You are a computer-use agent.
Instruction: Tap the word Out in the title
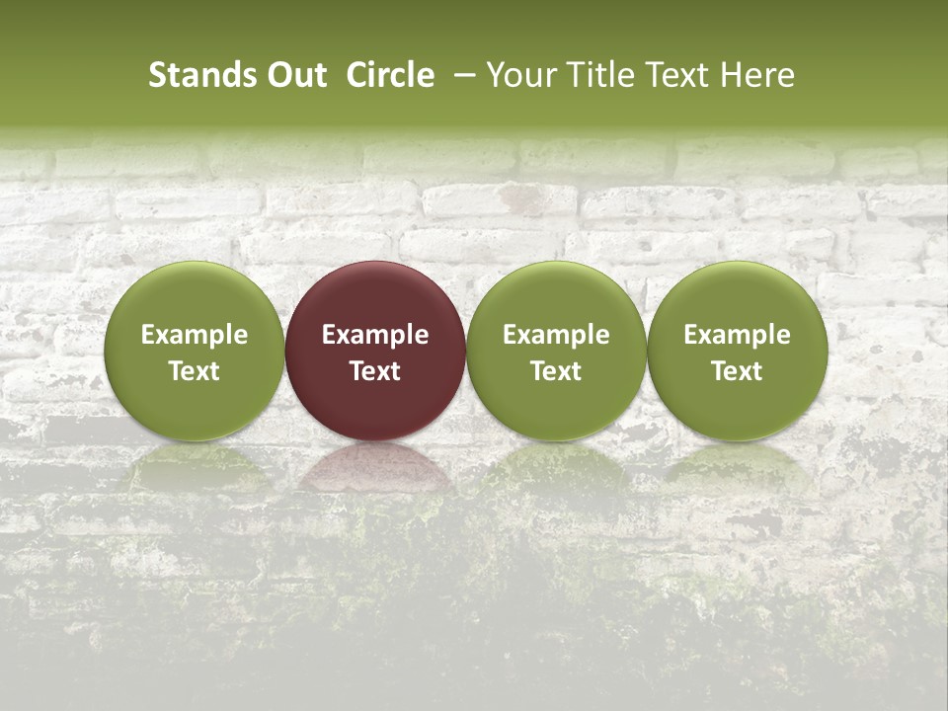tap(295, 75)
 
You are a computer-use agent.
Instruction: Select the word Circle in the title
tap(390, 75)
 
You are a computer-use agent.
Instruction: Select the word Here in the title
tap(758, 75)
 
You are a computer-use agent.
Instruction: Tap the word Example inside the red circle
tap(375, 335)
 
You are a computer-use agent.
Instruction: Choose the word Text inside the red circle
tap(375, 371)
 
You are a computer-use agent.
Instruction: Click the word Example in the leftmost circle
tap(195, 335)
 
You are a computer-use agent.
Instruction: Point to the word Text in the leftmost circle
tap(195, 371)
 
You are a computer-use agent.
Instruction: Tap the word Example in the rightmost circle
tap(737, 335)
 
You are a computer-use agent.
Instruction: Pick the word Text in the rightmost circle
tap(737, 371)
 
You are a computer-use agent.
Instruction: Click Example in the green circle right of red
tap(556, 335)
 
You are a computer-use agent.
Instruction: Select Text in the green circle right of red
tap(556, 371)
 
